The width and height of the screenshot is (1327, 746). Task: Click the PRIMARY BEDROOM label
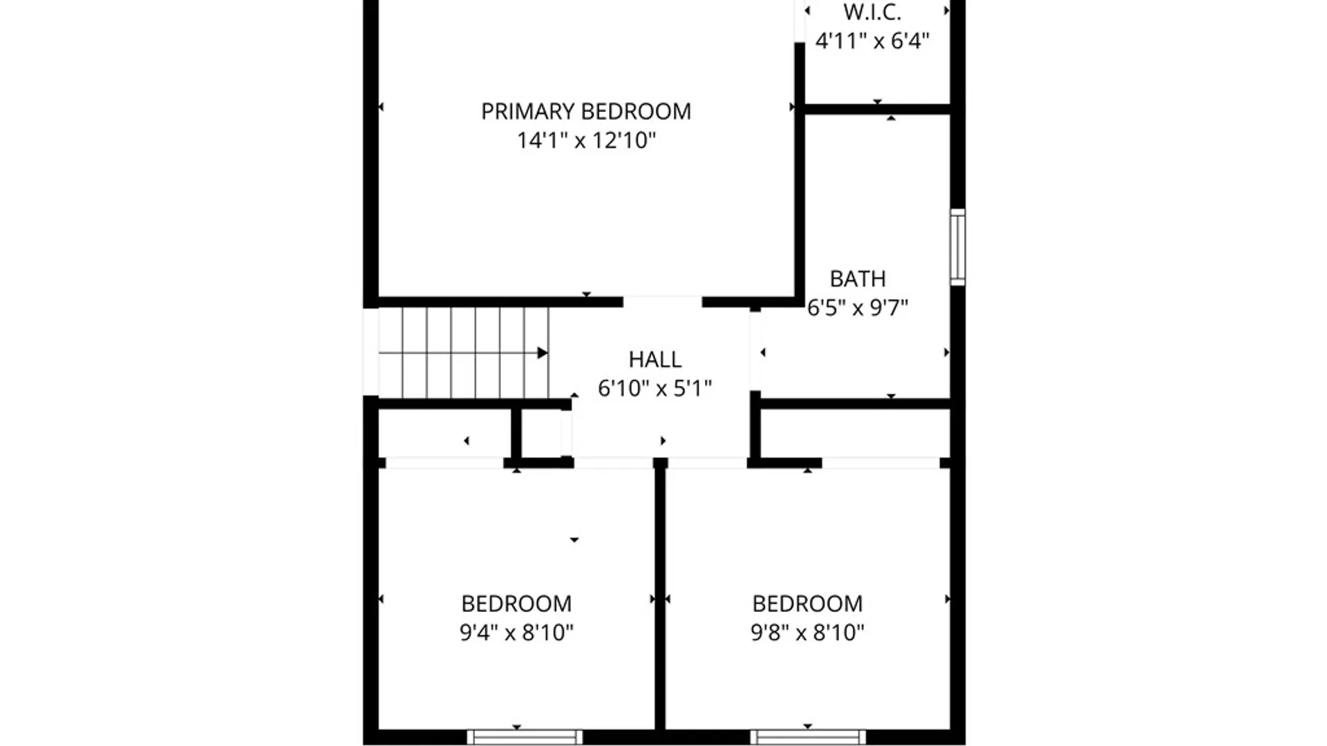click(x=585, y=111)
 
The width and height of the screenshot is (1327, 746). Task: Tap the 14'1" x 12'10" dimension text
click(x=586, y=140)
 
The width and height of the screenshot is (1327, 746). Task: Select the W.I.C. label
click(x=872, y=12)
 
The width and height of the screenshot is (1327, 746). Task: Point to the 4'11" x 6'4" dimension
click(x=872, y=41)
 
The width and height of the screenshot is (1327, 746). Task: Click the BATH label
click(x=857, y=278)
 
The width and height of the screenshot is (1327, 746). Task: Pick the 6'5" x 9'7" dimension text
click(x=857, y=307)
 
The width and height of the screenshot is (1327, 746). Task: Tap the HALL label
click(x=655, y=359)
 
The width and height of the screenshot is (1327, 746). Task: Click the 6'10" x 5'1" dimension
click(x=655, y=388)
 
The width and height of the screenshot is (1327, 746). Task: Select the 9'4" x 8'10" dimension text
click(x=516, y=632)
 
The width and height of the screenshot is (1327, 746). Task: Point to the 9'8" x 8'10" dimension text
click(x=807, y=632)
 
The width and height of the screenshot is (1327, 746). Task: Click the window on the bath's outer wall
click(x=957, y=247)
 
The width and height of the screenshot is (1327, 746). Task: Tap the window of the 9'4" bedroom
click(x=525, y=737)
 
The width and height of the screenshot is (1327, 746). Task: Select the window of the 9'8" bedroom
click(x=808, y=737)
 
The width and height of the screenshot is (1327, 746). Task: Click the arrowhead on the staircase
click(x=543, y=353)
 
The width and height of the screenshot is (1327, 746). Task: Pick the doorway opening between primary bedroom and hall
click(x=662, y=302)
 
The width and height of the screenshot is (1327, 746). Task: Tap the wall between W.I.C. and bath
click(x=878, y=109)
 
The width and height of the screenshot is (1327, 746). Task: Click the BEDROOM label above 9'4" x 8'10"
click(x=516, y=604)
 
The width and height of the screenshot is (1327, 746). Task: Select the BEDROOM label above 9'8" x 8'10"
click(x=807, y=604)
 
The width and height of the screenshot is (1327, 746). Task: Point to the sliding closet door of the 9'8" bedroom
click(x=881, y=462)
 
